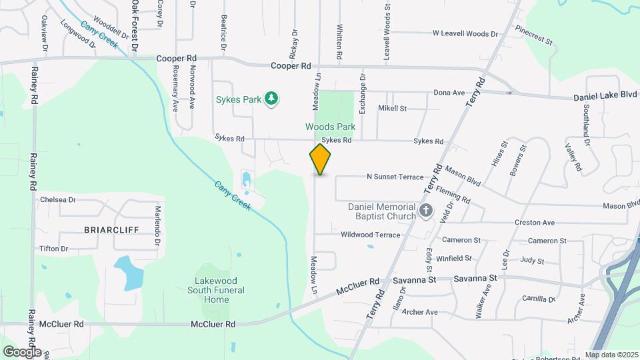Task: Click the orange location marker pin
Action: [320, 159]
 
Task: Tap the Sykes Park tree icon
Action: [271, 99]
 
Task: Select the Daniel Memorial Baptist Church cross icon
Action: [426, 212]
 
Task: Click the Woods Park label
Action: [330, 127]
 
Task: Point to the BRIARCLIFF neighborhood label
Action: [111, 229]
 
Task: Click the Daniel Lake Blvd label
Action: [605, 97]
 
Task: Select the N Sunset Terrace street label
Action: [395, 177]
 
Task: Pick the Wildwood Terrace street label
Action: [370, 235]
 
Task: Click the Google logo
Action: [22, 351]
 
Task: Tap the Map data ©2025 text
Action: [611, 355]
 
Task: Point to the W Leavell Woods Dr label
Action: [465, 33]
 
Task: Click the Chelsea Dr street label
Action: [58, 199]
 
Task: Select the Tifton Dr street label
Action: [54, 249]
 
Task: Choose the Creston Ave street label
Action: [534, 223]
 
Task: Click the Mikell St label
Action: [392, 108]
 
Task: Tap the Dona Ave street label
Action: [449, 93]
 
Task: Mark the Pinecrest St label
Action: [534, 36]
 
